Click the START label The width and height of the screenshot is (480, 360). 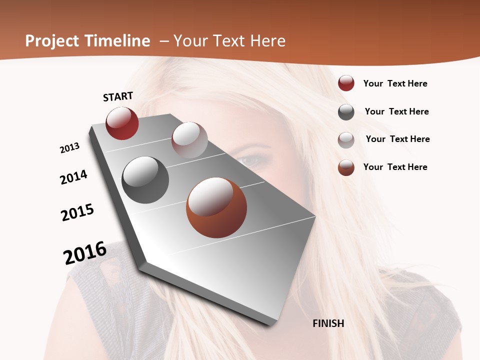(118, 96)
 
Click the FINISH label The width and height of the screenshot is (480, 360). (328, 323)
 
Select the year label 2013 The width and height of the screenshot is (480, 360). (70, 148)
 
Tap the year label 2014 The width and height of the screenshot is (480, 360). (74, 177)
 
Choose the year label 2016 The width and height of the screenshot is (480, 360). (85, 253)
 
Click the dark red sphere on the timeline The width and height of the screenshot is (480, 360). (122, 123)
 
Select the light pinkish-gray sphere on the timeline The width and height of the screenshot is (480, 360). (189, 140)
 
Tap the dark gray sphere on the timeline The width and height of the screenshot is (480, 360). (145, 179)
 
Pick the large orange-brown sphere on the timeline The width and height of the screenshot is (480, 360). (216, 207)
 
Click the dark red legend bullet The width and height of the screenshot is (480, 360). (346, 83)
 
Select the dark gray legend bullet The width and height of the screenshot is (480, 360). (346, 112)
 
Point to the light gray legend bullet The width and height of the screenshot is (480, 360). (346, 140)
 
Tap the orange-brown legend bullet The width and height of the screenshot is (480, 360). (346, 167)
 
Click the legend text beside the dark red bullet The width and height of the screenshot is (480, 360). (395, 83)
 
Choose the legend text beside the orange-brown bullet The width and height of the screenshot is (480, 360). (395, 167)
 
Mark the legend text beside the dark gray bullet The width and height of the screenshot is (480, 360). (397, 111)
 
